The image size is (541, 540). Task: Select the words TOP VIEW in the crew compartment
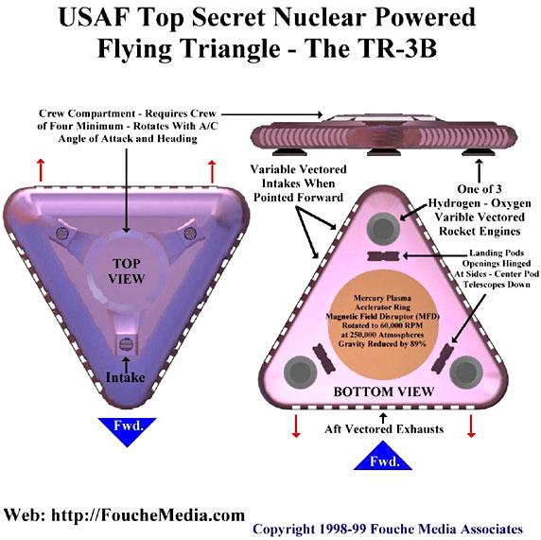tap(127, 271)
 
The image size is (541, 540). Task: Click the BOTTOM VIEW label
tap(384, 392)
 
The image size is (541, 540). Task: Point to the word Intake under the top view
tap(125, 377)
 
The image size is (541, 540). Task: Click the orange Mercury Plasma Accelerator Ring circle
tap(383, 320)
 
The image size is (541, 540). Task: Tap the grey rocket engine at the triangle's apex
tap(383, 229)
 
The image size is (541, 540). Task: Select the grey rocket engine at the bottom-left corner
tap(300, 373)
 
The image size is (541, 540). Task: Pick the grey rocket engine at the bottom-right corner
tap(466, 373)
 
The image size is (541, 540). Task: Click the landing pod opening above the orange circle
tap(383, 256)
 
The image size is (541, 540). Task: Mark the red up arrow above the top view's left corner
tap(41, 170)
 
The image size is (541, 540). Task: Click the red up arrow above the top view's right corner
tap(212, 171)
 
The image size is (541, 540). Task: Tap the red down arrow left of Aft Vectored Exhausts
tap(296, 427)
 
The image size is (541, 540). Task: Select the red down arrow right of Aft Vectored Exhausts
tap(471, 427)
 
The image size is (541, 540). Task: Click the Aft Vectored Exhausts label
tap(384, 429)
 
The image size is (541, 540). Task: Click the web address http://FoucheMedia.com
tap(148, 515)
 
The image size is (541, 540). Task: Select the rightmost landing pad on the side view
tap(478, 152)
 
